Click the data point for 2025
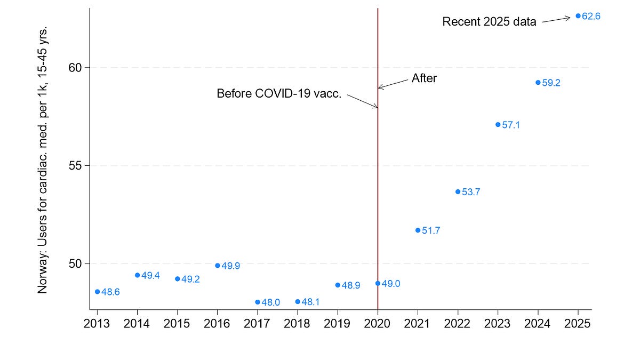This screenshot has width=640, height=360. (578, 16)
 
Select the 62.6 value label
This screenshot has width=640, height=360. (591, 17)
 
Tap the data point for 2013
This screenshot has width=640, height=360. (97, 292)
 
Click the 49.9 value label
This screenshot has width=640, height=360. (230, 266)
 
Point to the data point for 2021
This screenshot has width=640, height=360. (418, 230)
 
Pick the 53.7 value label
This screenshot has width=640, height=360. (471, 193)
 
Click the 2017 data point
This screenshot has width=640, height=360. (258, 302)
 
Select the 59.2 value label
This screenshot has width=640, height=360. (551, 83)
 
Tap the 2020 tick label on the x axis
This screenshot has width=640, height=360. (378, 324)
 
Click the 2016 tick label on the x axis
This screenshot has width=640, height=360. (218, 324)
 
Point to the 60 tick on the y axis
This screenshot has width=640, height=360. (77, 68)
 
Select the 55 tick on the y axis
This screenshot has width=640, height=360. (77, 165)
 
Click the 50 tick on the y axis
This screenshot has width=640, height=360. (77, 263)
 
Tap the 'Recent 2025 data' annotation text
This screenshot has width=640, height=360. (489, 22)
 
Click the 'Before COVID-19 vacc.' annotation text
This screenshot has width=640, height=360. (279, 94)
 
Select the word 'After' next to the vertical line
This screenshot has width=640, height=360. (424, 78)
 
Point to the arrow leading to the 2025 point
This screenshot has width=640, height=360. (556, 20)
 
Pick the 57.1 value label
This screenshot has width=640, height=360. (511, 125)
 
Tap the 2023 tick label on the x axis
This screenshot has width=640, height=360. (498, 324)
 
